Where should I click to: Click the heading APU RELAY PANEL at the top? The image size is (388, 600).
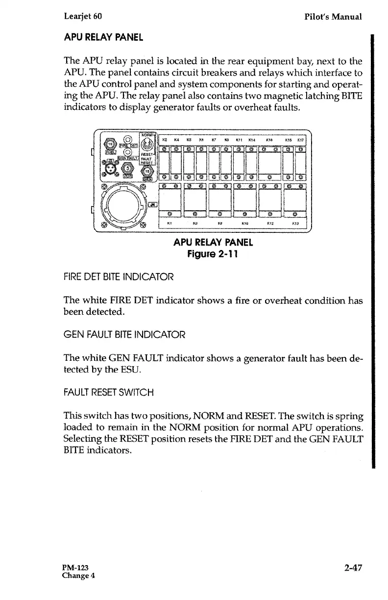103,37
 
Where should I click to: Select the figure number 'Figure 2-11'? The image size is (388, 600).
213,254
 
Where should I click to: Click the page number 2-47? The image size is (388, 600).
352,568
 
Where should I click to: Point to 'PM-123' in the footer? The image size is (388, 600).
75,568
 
